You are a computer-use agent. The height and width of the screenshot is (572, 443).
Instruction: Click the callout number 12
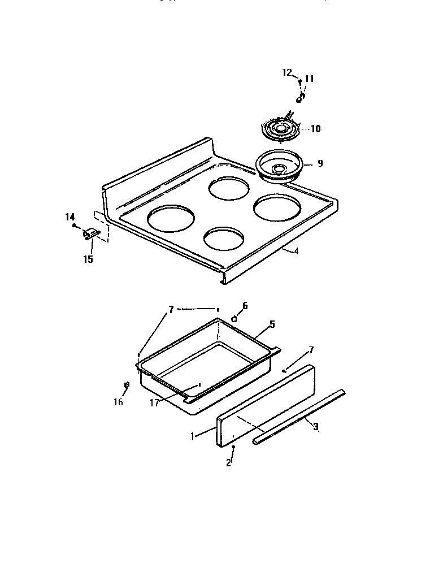(286, 72)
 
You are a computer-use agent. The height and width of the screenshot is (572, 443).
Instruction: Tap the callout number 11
(309, 79)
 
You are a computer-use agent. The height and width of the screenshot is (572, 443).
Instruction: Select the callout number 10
(315, 129)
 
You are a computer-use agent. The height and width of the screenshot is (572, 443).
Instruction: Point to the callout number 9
(320, 163)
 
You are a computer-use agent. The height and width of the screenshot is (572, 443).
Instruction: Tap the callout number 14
(70, 217)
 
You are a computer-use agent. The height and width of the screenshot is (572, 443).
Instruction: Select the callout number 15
(88, 259)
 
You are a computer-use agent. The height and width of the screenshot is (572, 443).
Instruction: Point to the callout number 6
(245, 306)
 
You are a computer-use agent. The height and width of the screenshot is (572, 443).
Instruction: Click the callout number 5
(272, 324)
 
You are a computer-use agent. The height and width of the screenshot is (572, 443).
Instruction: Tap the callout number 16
(118, 402)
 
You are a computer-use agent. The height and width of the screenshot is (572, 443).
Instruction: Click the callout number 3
(315, 427)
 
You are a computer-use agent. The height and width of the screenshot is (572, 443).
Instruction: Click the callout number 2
(228, 462)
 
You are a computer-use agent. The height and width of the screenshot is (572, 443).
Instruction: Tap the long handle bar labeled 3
(299, 415)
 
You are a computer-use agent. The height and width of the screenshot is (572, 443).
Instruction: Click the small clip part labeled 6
(234, 319)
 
